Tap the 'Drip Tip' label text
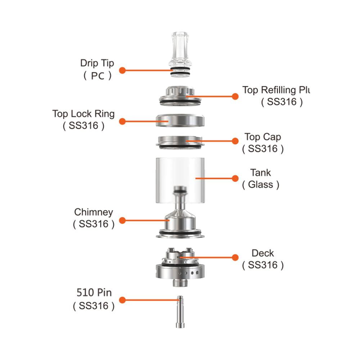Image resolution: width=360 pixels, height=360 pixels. (x=97, y=63)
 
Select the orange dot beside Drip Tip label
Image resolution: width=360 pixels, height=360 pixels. (x=122, y=70)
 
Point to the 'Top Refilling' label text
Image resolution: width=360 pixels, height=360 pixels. (x=276, y=90)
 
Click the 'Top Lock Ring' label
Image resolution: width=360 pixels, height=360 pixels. (x=83, y=114)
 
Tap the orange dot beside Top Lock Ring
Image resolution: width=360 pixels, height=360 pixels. (x=122, y=122)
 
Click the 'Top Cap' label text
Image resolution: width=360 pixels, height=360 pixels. (x=263, y=137)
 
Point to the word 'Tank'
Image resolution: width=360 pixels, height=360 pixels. (x=261, y=172)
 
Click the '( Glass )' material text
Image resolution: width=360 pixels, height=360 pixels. (x=261, y=185)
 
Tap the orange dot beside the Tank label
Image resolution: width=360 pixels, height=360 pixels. (x=235, y=178)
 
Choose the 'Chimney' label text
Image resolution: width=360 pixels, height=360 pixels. (x=94, y=212)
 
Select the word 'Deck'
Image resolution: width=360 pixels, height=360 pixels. (x=263, y=253)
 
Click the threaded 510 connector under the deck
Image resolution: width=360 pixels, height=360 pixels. (x=180, y=282)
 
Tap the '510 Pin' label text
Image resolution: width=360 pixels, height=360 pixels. (x=94, y=291)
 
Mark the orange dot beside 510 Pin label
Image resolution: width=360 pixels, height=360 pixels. (x=122, y=300)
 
